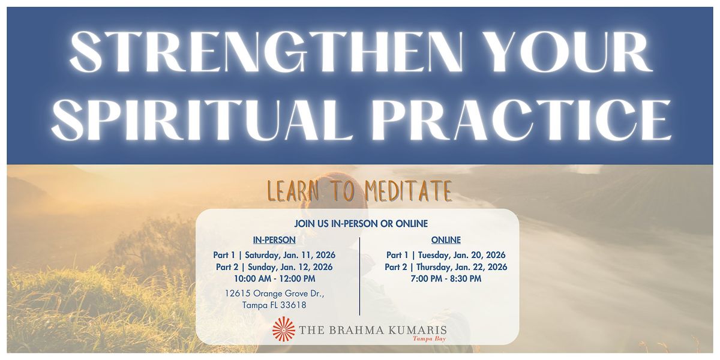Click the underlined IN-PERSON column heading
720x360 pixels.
(x=274, y=240)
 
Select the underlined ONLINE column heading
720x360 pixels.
(x=446, y=240)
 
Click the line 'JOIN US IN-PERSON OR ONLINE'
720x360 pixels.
(x=361, y=224)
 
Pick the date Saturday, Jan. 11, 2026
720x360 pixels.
(x=290, y=255)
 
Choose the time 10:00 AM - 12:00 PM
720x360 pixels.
(x=274, y=278)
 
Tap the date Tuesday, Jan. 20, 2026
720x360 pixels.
(x=461, y=255)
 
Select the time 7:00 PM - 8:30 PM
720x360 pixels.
(x=446, y=278)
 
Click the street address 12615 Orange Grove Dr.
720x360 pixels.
(x=274, y=294)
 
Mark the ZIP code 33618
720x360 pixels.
(x=292, y=305)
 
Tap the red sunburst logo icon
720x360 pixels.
(x=284, y=329)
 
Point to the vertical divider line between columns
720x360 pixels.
(x=360, y=276)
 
